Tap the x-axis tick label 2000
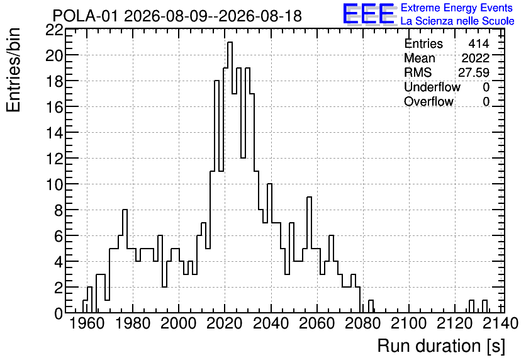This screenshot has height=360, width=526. click(179, 323)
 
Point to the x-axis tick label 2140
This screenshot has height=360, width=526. click(501, 323)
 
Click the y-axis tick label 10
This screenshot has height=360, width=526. click(55, 184)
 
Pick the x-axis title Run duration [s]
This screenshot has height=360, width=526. click(441, 346)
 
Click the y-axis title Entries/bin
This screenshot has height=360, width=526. click(14, 70)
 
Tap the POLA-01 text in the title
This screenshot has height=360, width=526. click(85, 16)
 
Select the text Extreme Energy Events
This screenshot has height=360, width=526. click(457, 8)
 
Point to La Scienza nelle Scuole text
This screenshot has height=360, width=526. click(457, 21)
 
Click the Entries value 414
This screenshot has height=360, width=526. click(479, 43)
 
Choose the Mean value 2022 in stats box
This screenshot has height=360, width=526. click(475, 58)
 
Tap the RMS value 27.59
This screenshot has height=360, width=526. click(474, 72)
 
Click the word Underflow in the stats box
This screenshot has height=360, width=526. click(432, 87)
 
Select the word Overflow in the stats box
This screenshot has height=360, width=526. click(428, 101)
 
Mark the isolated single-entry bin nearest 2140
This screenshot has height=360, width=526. click(484, 307)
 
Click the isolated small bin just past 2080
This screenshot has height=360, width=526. click(371, 307)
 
